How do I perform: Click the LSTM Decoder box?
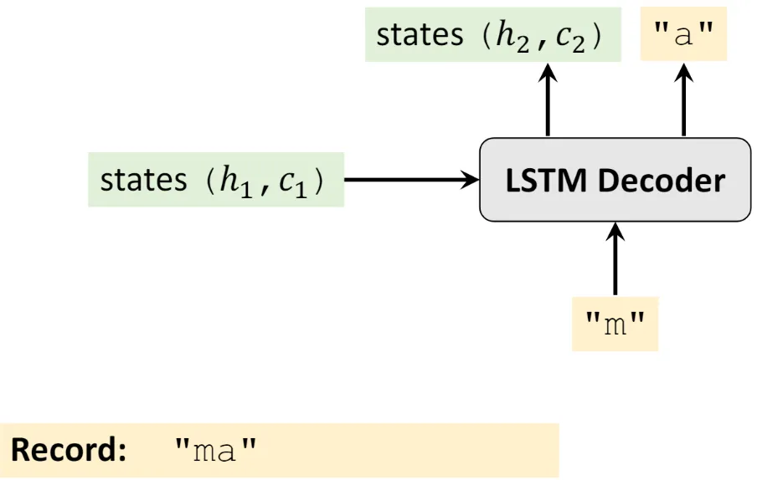(x=615, y=179)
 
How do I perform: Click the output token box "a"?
(x=682, y=36)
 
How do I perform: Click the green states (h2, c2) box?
(x=492, y=36)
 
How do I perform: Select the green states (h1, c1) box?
(x=216, y=180)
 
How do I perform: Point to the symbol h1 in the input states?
(x=228, y=181)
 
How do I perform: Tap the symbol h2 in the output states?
(x=507, y=38)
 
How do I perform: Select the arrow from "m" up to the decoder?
(x=615, y=259)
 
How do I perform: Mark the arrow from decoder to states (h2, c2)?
(x=548, y=100)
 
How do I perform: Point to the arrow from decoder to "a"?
(x=683, y=100)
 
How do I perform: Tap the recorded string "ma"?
(x=214, y=452)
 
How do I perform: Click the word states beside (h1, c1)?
(x=143, y=180)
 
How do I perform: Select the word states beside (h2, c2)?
(x=419, y=36)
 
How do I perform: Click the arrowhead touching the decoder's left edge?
(x=471, y=179)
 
